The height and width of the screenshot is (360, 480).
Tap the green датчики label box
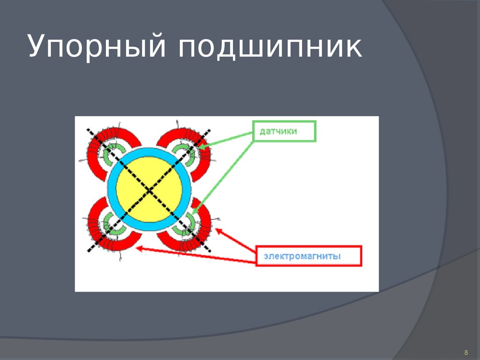(x=285, y=131)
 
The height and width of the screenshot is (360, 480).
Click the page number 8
(x=466, y=352)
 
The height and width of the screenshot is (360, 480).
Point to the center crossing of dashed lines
(x=149, y=190)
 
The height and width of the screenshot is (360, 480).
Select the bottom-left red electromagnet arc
(x=96, y=230)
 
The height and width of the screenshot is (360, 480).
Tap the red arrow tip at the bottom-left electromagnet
(x=137, y=249)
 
